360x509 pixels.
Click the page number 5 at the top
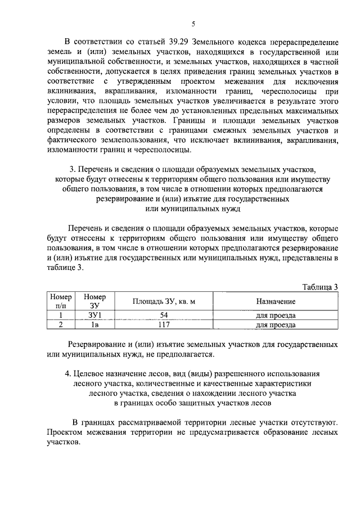(193, 24)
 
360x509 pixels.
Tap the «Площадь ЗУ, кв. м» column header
(164, 301)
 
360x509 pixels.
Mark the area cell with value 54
(164, 315)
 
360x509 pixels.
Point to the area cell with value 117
(164, 325)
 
